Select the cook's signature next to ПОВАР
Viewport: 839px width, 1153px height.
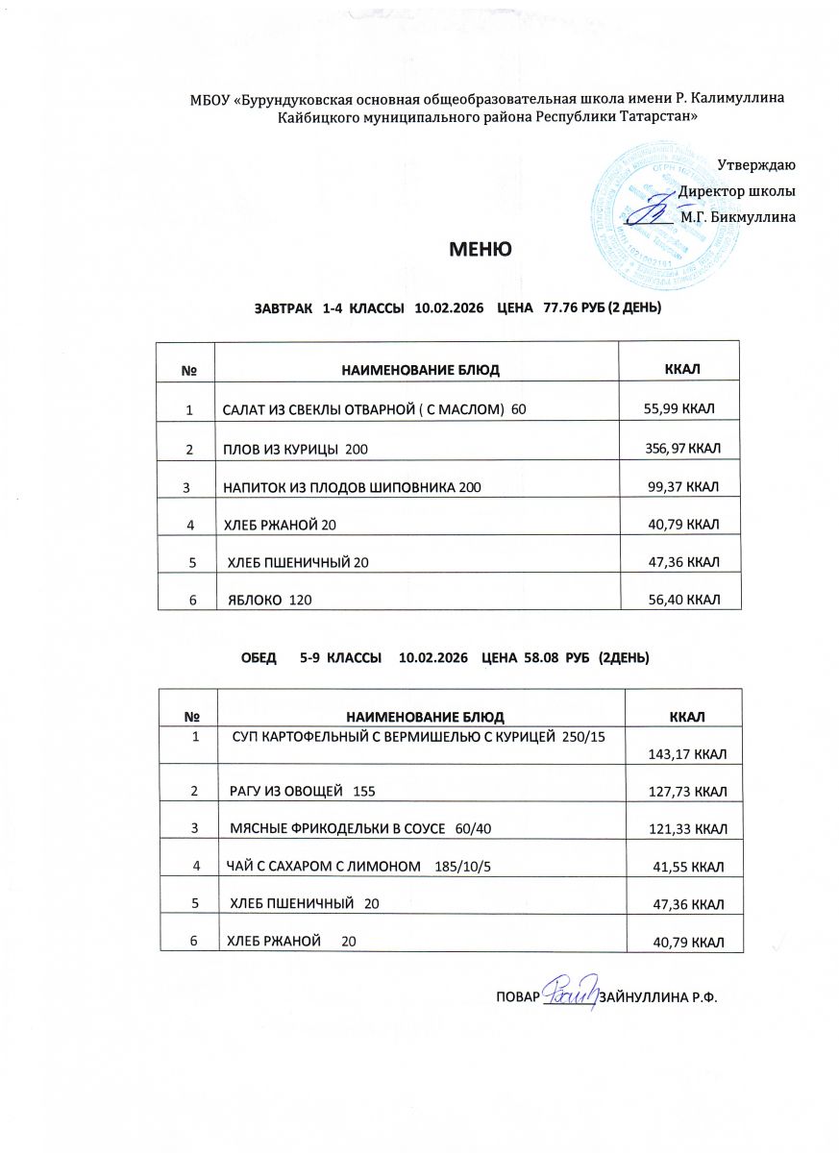coord(571,991)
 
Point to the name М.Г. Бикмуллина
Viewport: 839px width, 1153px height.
coord(737,217)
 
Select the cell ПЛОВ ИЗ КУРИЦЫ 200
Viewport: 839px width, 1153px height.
coord(295,450)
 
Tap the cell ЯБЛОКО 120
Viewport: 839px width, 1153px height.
coord(269,601)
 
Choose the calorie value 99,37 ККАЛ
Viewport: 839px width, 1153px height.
coord(685,487)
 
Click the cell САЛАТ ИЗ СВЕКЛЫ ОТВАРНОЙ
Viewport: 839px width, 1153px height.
coord(374,410)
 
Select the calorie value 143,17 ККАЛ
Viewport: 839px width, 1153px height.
coord(686,755)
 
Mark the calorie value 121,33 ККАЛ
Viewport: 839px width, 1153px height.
coord(686,828)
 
